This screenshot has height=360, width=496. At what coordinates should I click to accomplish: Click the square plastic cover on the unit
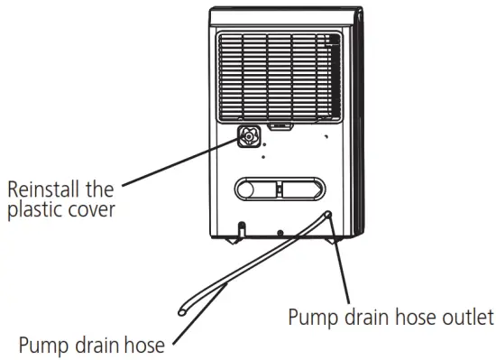(249, 137)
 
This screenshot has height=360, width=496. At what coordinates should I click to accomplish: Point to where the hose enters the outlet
(327, 214)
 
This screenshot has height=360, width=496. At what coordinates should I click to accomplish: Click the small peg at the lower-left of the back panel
(242, 226)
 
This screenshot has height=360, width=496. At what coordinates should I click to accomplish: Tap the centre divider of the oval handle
(279, 189)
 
